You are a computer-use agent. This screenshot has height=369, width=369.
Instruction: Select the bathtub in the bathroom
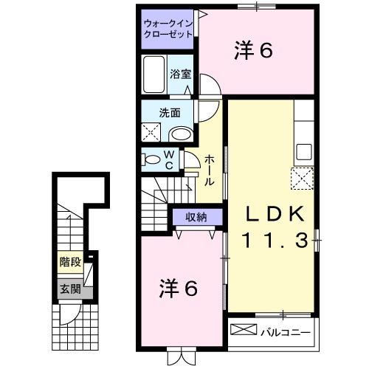tap(155, 75)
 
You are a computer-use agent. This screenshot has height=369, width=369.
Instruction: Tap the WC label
tap(168, 159)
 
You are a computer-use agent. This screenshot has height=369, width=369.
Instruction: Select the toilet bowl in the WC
tap(151, 159)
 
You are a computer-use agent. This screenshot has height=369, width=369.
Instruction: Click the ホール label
tap(210, 170)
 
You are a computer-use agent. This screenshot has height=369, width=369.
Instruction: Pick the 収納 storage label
tap(196, 216)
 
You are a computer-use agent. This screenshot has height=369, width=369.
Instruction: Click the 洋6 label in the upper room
tap(255, 50)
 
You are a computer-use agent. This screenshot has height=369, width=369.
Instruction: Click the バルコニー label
tap(285, 330)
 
